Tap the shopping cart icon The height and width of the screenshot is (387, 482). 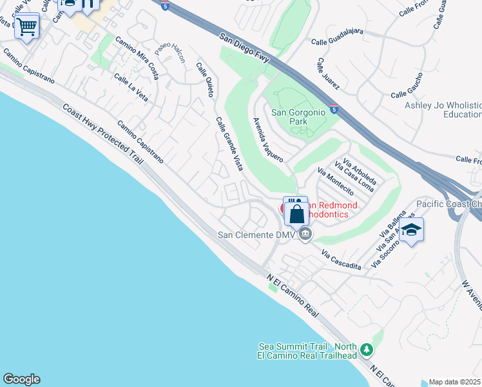(27, 27)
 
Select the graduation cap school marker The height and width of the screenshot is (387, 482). (411, 230)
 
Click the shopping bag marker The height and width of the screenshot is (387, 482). (296, 213)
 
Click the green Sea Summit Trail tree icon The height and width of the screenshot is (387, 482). (367, 350)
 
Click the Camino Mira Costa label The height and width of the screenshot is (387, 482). (137, 57)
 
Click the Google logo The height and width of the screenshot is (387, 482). (21, 379)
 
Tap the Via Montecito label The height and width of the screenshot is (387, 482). (336, 181)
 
